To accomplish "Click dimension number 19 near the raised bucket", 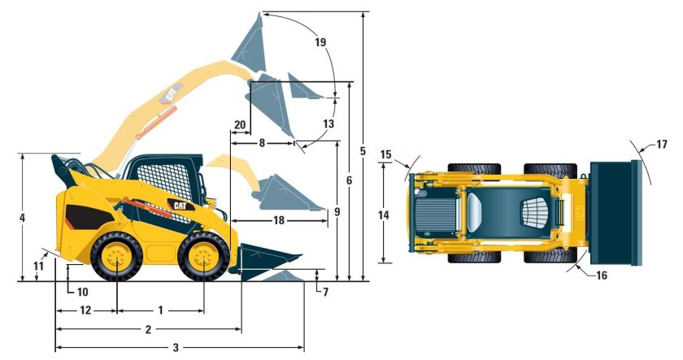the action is [x=320, y=42].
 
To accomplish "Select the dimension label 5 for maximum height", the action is [x=363, y=151].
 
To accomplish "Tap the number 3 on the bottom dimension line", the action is [x=176, y=347].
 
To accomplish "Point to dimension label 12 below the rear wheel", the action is [x=85, y=310].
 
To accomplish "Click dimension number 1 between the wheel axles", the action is [x=160, y=310].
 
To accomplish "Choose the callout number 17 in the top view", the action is [x=661, y=144].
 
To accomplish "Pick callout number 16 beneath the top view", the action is [x=601, y=275].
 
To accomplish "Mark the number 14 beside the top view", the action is [x=384, y=215].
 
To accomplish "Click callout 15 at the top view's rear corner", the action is [x=386, y=154].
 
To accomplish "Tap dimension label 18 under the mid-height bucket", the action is [x=279, y=220].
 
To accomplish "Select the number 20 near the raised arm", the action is [x=240, y=125].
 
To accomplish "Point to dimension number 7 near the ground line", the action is [x=325, y=292].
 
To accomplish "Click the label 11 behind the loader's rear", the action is [x=39, y=265].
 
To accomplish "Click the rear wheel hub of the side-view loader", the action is [x=117, y=258].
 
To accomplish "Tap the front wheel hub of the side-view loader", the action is [x=203, y=257].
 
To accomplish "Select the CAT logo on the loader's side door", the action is [x=181, y=205].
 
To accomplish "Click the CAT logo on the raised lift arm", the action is [x=171, y=94].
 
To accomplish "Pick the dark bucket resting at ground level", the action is [x=265, y=261].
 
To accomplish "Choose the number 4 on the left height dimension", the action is [x=22, y=217].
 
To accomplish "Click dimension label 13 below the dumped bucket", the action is [x=328, y=124].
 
